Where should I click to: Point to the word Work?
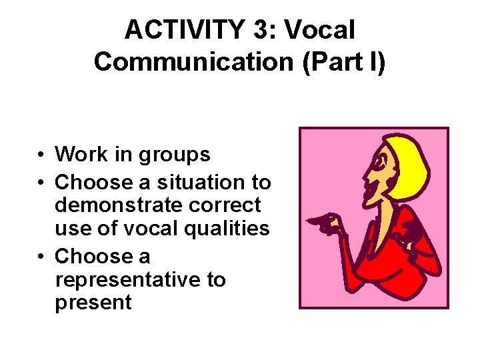[x=82, y=155]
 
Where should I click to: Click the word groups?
[x=174, y=155]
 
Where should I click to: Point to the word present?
[x=93, y=303]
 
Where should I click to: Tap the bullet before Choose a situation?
[x=41, y=183]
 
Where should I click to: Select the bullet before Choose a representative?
[x=41, y=257]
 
